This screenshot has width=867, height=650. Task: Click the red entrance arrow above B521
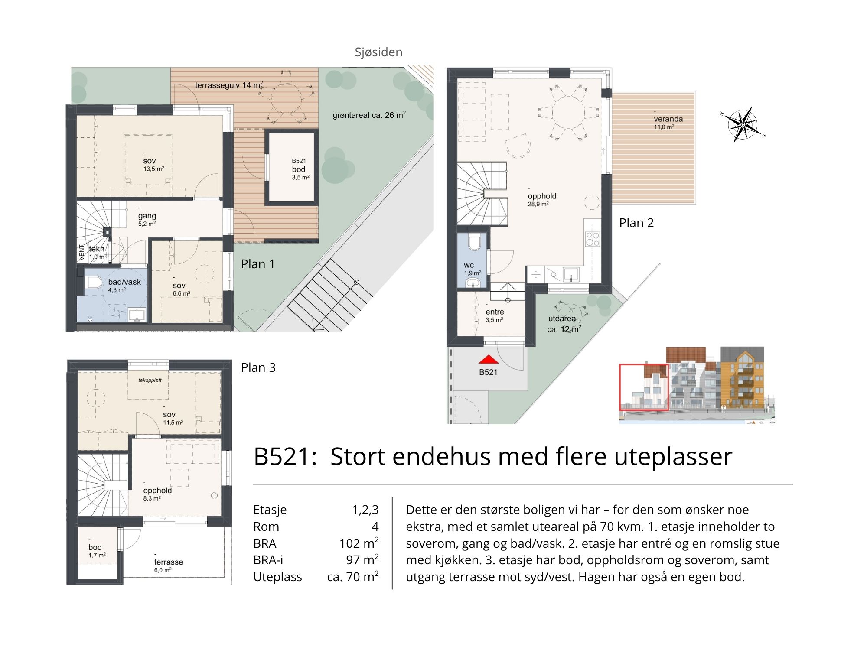489,359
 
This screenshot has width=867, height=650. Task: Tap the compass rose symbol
742,124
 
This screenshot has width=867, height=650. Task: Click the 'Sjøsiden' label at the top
378,52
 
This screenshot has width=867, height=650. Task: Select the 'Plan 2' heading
636,223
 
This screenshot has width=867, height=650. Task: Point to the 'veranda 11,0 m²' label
668,122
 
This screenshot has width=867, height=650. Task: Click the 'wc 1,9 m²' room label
472,269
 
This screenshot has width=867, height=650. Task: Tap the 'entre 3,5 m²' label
494,315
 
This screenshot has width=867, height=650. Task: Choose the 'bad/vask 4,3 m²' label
124,286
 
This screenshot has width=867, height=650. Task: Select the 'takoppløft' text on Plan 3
150,380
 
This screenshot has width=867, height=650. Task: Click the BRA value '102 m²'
359,543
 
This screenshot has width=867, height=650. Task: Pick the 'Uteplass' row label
277,577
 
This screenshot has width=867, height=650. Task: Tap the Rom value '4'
375,526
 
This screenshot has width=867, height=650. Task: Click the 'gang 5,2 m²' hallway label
147,219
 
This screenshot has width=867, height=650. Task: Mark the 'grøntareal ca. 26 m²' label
369,115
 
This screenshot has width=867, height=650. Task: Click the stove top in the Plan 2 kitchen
593,239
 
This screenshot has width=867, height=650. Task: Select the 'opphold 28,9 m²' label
542,200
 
